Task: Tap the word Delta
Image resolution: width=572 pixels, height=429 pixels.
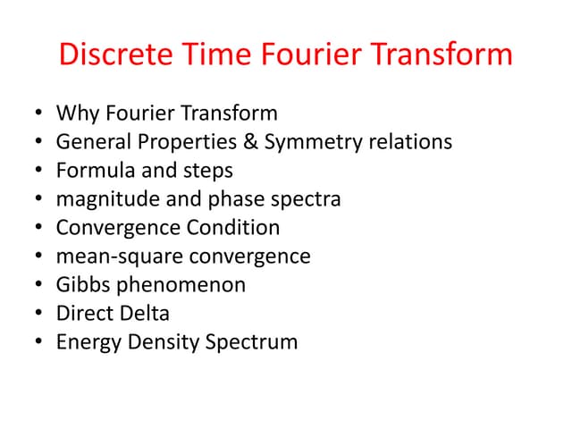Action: pyautogui.click(x=147, y=314)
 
